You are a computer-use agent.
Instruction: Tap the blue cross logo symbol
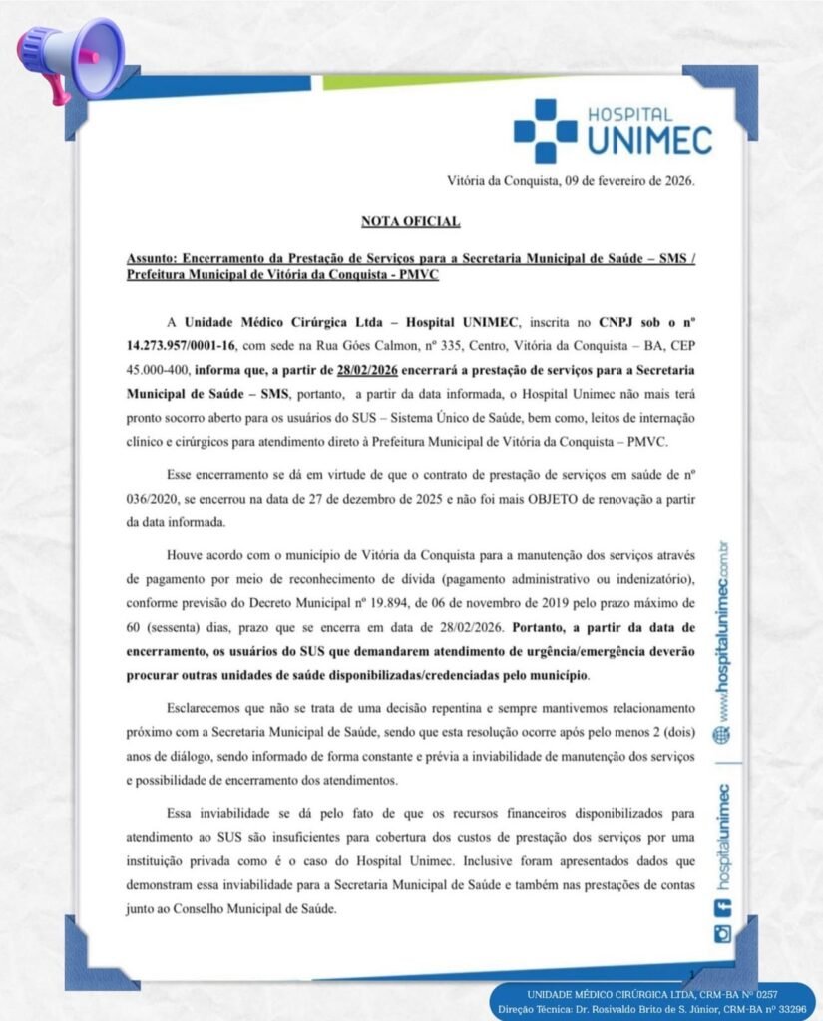pos(546,131)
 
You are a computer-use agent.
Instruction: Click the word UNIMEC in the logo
pos(649,140)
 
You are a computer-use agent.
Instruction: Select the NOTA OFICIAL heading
pos(411,220)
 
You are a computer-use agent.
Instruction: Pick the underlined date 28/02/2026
pos(370,369)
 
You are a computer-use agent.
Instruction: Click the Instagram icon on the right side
pos(722,934)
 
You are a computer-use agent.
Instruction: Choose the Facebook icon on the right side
pos(722,906)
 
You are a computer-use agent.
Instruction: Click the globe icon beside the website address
pos(722,734)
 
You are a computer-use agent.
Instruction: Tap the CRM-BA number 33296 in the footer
pos(787,1010)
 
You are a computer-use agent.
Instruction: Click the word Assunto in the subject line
pos(152,257)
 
